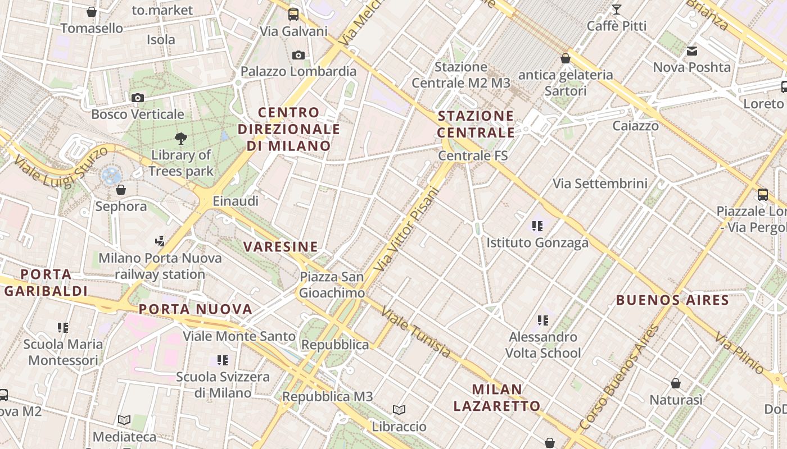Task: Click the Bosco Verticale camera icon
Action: [137, 98]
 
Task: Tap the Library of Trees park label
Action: [181, 163]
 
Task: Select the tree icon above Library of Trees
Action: [181, 138]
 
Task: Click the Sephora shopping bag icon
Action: [120, 190]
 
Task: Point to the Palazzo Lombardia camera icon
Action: [298, 55]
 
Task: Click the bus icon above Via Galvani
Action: [293, 15]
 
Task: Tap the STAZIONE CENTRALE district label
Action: [476, 124]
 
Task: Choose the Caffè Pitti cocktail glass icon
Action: [617, 10]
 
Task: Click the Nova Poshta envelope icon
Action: [692, 51]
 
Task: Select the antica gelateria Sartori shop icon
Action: [566, 58]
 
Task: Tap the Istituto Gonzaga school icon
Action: [537, 226]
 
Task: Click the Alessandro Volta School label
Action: [542, 345]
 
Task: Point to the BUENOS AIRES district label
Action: [672, 300]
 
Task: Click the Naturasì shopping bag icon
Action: [676, 384]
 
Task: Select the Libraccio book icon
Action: [399, 410]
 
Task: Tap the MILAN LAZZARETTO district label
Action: [497, 397]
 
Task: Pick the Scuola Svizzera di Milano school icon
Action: [223, 360]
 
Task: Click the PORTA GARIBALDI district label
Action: [46, 282]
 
